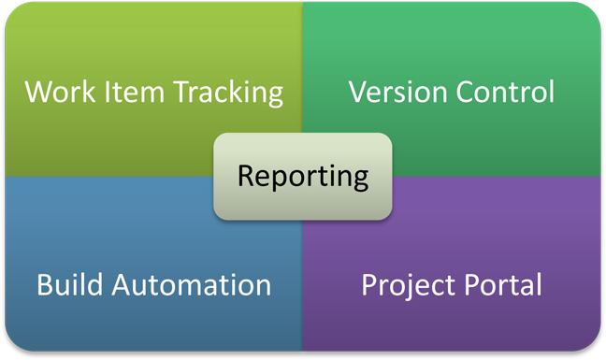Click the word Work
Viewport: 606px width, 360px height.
(55, 93)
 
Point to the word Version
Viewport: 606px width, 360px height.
(392, 92)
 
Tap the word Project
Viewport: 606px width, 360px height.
(408, 283)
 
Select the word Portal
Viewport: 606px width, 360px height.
(507, 283)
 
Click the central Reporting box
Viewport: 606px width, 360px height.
(302, 176)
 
